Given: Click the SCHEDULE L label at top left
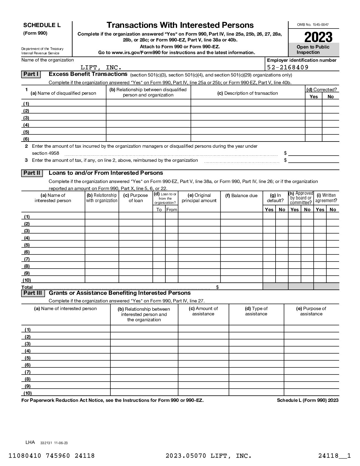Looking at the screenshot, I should click(x=42, y=25).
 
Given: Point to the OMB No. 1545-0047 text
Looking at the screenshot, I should click(x=313, y=25).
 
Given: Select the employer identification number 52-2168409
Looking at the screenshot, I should click(x=288, y=67).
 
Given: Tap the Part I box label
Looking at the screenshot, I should click(x=31, y=74).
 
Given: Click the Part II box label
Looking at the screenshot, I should click(x=32, y=173).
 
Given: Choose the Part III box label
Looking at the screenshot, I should click(x=33, y=293).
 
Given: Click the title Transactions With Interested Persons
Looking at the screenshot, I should click(x=180, y=25).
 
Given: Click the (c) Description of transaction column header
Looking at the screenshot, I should click(x=247, y=93).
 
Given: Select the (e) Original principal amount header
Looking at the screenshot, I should click(x=199, y=198).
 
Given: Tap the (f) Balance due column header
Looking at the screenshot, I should click(x=241, y=196).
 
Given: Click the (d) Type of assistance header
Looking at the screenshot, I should click(x=256, y=311).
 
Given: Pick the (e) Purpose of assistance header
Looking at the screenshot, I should click(x=311, y=311).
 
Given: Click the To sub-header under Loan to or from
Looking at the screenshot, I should click(x=159, y=209).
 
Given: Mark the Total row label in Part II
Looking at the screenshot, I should click(x=27, y=287).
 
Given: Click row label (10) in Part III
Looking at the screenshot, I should click(x=27, y=393).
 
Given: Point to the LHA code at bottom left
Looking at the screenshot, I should click(x=30, y=442).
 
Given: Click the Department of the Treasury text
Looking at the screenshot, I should click(x=42, y=49).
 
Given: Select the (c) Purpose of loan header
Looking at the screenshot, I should click(x=136, y=198).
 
